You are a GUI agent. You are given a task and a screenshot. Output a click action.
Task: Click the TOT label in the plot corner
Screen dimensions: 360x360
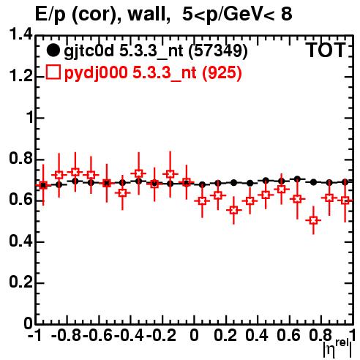pyautogui.click(x=326, y=50)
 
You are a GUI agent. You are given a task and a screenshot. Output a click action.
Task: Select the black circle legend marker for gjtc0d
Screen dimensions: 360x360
pyautogui.click(x=53, y=50)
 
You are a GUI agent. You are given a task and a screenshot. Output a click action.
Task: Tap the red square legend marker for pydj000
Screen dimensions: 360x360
pyautogui.click(x=53, y=72)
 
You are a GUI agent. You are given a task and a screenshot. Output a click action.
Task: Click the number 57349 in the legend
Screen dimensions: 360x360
pyautogui.click(x=218, y=50)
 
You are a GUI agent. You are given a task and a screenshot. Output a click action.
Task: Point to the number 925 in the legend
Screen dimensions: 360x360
pyautogui.click(x=222, y=72)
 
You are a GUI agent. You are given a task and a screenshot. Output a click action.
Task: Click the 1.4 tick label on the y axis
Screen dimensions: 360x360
pyautogui.click(x=20, y=34)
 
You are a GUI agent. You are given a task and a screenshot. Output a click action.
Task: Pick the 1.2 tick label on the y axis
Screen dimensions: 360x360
pyautogui.click(x=20, y=76)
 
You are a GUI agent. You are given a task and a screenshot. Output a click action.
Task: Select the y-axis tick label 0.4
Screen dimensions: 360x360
pyautogui.click(x=20, y=241)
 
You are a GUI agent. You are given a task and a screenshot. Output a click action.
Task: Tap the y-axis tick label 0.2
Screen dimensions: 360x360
pyautogui.click(x=20, y=282)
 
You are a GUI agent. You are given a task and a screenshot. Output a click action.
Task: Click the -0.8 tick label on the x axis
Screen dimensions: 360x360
pyautogui.click(x=67, y=336)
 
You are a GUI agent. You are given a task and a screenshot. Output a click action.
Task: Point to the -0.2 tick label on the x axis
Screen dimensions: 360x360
pyautogui.click(x=162, y=336)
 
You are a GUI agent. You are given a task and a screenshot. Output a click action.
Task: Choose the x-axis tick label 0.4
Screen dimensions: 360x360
pyautogui.click(x=257, y=336)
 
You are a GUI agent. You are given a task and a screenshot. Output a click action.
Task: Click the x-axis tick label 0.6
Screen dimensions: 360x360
pyautogui.click(x=288, y=336)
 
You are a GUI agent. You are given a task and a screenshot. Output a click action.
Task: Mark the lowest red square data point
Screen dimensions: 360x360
pyautogui.click(x=313, y=220)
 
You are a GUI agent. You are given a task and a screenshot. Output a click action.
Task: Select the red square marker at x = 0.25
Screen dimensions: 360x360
pyautogui.click(x=233, y=210)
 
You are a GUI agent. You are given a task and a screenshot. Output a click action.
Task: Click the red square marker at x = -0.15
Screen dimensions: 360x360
pyautogui.click(x=170, y=174)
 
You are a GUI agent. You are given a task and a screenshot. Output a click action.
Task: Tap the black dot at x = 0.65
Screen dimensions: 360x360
pyautogui.click(x=297, y=179)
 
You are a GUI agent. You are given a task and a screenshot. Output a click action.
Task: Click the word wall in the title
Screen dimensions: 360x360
pyautogui.click(x=149, y=14)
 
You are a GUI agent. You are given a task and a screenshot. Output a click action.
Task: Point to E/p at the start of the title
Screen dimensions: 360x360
pyautogui.click(x=50, y=15)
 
